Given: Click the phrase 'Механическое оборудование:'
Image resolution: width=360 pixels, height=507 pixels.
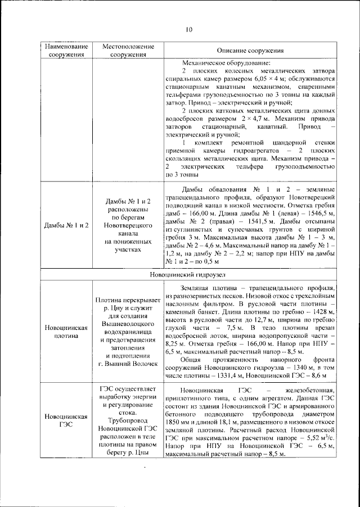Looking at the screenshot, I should [x=223, y=62].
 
